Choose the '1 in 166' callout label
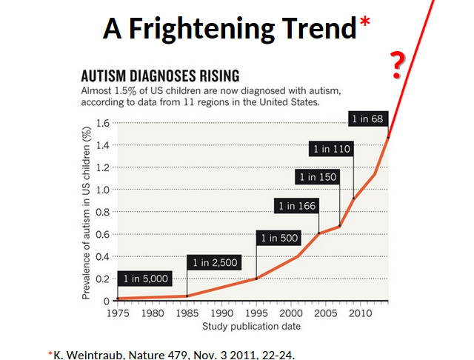tap(297, 206)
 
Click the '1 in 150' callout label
tap(317, 177)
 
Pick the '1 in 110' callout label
tap(331, 149)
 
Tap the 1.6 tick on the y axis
tap(103, 123)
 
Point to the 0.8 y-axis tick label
tap(103, 212)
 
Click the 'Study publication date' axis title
tap(239, 326)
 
